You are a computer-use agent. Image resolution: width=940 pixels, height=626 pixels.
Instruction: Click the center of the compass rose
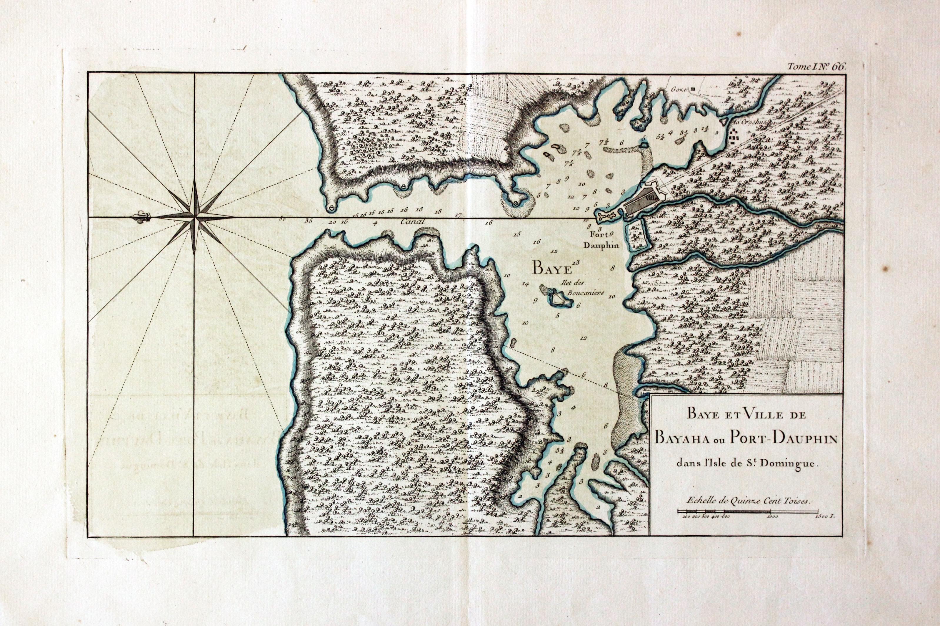194,217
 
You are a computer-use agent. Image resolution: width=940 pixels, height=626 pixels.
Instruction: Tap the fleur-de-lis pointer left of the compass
141,217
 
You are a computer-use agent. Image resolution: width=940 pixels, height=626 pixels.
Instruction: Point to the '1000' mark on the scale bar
769,528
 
